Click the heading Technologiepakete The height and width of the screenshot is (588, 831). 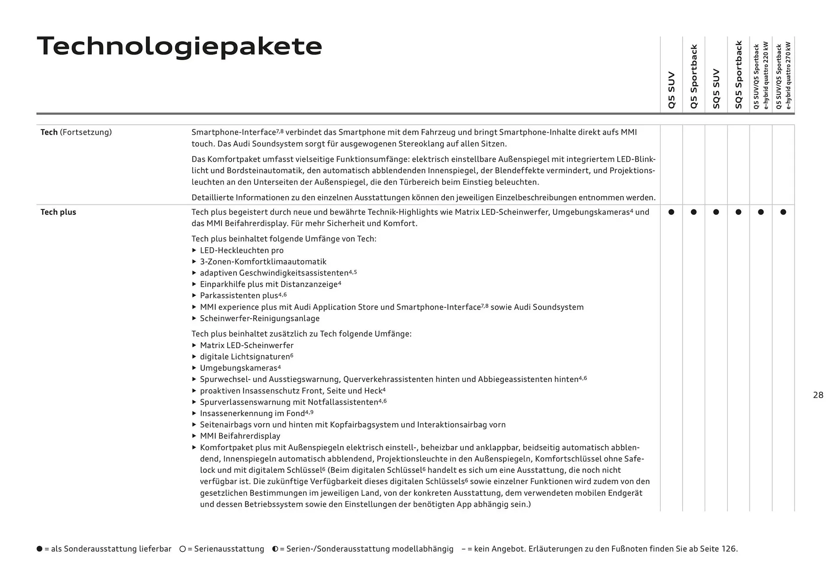[x=180, y=46]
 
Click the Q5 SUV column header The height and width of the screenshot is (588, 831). [x=671, y=90]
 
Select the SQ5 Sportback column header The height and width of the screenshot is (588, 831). [x=738, y=74]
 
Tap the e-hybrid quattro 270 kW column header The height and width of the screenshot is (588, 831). [x=783, y=75]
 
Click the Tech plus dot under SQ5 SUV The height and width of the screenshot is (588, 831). [x=716, y=212]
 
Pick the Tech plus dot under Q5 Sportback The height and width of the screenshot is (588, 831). [x=694, y=212]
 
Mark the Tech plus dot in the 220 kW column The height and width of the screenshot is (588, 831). [x=761, y=212]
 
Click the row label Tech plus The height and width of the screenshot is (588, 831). [x=58, y=212]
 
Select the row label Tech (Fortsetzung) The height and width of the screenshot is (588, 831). [x=76, y=132]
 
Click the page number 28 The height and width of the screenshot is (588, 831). [x=818, y=395]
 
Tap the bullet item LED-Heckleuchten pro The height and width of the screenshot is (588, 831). [x=242, y=250]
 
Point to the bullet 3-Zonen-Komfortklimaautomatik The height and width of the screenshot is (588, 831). [x=263, y=262]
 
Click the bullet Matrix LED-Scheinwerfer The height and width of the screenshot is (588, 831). [x=247, y=346]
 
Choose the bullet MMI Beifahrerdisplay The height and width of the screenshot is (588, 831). [x=240, y=436]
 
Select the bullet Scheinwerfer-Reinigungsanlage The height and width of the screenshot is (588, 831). [x=260, y=318]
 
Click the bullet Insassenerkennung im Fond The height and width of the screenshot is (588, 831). [x=252, y=413]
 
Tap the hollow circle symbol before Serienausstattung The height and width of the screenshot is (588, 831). [x=183, y=549]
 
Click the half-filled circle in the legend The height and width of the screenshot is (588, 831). [x=275, y=549]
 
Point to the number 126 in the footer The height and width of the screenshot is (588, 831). [x=728, y=549]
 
